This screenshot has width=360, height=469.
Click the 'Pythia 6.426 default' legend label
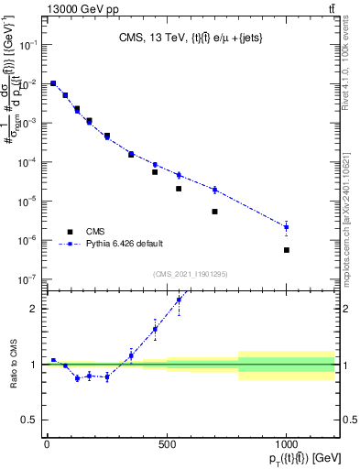click(x=125, y=244)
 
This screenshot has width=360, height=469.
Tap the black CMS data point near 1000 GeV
click(x=286, y=250)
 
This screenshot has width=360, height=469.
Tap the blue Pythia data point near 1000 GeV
click(x=286, y=226)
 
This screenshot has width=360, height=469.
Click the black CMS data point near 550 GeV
click(x=179, y=189)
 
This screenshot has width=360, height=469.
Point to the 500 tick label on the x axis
click(x=167, y=445)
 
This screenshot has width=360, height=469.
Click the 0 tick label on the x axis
click(x=47, y=445)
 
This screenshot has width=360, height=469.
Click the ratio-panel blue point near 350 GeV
click(x=131, y=355)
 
